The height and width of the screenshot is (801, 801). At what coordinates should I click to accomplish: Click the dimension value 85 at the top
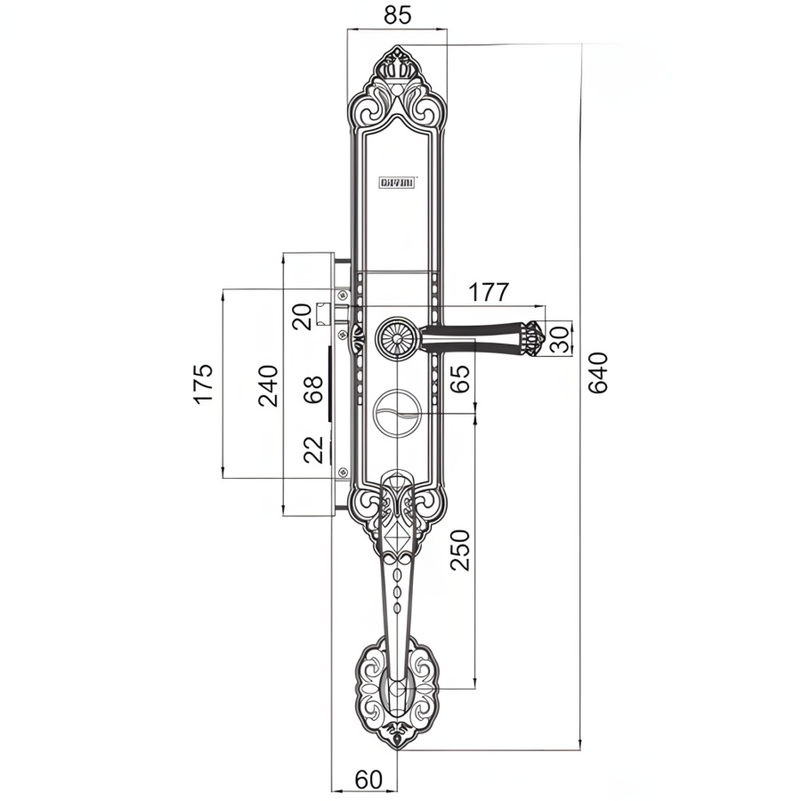pos(398,16)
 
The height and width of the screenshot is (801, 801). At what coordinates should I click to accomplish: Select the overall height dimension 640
pos(597,373)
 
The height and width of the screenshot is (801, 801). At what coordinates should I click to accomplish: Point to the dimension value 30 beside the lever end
pos(560,338)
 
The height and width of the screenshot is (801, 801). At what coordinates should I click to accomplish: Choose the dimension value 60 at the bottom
pos(368,779)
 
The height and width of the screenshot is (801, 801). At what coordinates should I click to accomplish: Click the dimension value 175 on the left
pos(203,383)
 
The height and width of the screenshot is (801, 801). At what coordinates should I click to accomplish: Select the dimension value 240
pos(269,385)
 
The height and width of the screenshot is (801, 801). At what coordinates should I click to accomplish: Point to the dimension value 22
pos(313,449)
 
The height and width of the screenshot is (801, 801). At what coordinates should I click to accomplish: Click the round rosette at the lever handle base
pos(394,339)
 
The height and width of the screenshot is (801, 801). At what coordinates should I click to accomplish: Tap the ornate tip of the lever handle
pos(532,338)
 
